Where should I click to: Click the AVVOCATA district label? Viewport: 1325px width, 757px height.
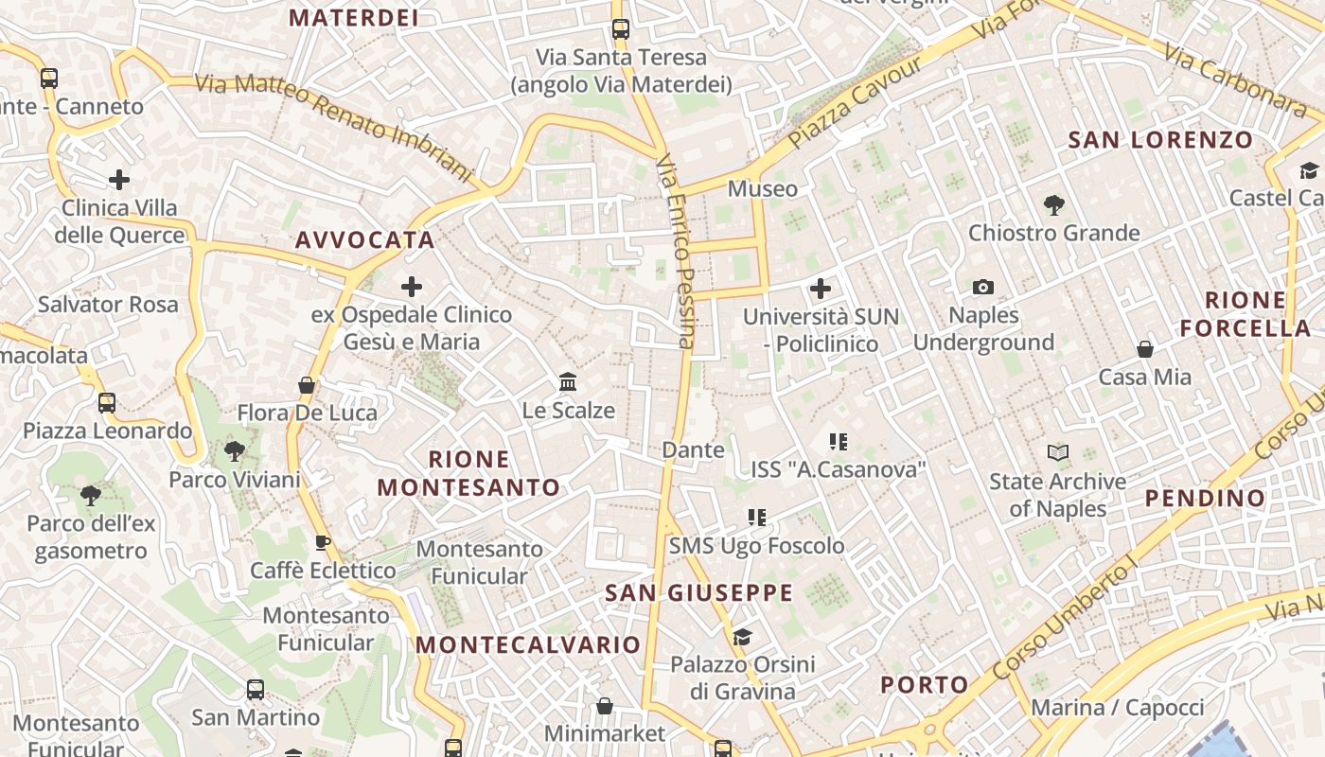[x=364, y=240]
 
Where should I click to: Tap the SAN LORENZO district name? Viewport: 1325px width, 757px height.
[x=1160, y=140]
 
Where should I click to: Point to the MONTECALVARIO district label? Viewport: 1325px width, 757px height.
[x=528, y=645]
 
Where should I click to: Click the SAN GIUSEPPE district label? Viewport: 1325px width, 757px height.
[x=698, y=593]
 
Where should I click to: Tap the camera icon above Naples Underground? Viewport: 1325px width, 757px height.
[x=983, y=287]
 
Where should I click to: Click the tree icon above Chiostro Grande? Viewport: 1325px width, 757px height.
[x=1052, y=204]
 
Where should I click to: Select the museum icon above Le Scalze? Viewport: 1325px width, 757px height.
[x=568, y=382]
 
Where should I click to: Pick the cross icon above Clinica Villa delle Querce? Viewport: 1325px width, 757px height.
[x=119, y=179]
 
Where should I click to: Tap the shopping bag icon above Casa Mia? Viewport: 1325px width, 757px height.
[x=1145, y=349]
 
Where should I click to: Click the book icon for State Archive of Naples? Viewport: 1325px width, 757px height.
[x=1057, y=453]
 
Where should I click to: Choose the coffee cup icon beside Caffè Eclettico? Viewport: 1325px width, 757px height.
[x=322, y=543]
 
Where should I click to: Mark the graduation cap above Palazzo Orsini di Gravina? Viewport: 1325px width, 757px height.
[x=742, y=636]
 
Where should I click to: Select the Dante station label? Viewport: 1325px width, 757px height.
[x=693, y=450]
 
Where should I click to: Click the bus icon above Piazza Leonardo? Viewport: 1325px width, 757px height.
[x=107, y=403]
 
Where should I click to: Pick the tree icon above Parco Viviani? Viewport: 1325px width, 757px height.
[x=234, y=451]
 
